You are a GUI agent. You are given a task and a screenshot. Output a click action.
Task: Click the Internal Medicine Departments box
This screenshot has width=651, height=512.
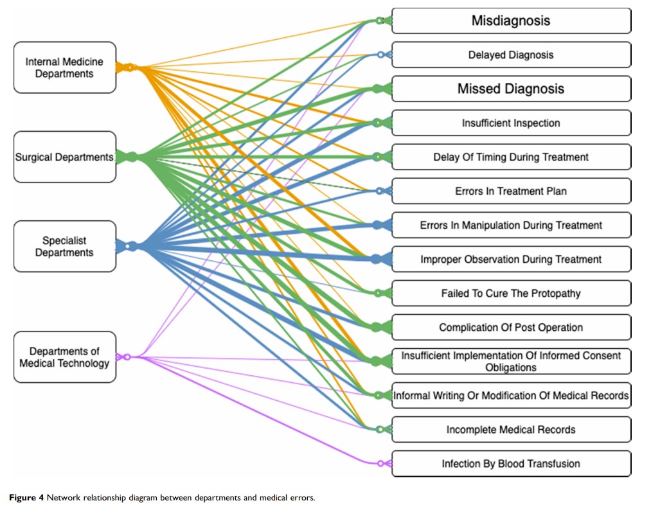(x=64, y=67)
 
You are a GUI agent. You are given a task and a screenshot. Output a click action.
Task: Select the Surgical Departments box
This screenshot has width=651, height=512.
(x=64, y=157)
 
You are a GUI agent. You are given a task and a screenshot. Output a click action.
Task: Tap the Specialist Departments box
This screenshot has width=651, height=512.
(x=64, y=246)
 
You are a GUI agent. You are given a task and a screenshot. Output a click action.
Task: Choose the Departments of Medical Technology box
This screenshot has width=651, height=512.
(x=64, y=357)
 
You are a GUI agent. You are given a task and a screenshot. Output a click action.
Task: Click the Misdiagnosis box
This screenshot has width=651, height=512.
(x=511, y=21)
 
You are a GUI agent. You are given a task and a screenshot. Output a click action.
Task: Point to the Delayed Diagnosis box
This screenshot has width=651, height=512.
(x=511, y=55)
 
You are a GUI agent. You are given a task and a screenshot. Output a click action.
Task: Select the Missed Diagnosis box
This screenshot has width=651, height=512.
(x=511, y=89)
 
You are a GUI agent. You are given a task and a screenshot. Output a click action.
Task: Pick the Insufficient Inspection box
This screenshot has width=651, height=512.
(x=511, y=123)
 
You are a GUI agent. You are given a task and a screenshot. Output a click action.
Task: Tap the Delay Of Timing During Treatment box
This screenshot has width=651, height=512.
(x=511, y=157)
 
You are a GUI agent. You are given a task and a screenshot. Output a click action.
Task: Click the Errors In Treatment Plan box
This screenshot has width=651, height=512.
(x=511, y=191)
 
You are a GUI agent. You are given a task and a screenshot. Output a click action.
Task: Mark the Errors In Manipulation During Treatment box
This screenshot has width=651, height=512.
(x=511, y=225)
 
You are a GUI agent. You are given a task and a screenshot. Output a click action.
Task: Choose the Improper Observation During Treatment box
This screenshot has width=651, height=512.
(x=511, y=259)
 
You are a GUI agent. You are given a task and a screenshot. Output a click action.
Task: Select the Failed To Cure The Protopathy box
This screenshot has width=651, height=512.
(x=511, y=293)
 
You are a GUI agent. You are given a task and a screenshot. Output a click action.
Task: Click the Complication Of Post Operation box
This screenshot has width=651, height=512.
(x=511, y=327)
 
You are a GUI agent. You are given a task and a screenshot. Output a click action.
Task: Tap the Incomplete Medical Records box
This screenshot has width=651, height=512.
(x=511, y=429)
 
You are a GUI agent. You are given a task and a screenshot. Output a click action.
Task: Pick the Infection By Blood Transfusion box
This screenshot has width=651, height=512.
(x=511, y=463)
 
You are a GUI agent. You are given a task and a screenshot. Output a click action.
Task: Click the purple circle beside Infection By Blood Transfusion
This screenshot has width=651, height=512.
(x=380, y=463)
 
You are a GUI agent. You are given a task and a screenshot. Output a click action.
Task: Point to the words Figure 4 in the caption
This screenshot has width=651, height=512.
(x=25, y=498)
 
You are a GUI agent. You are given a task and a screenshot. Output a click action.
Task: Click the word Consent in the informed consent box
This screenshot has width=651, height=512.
(x=602, y=355)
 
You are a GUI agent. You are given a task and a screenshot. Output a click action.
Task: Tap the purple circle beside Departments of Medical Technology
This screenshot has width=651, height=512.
(x=127, y=357)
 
